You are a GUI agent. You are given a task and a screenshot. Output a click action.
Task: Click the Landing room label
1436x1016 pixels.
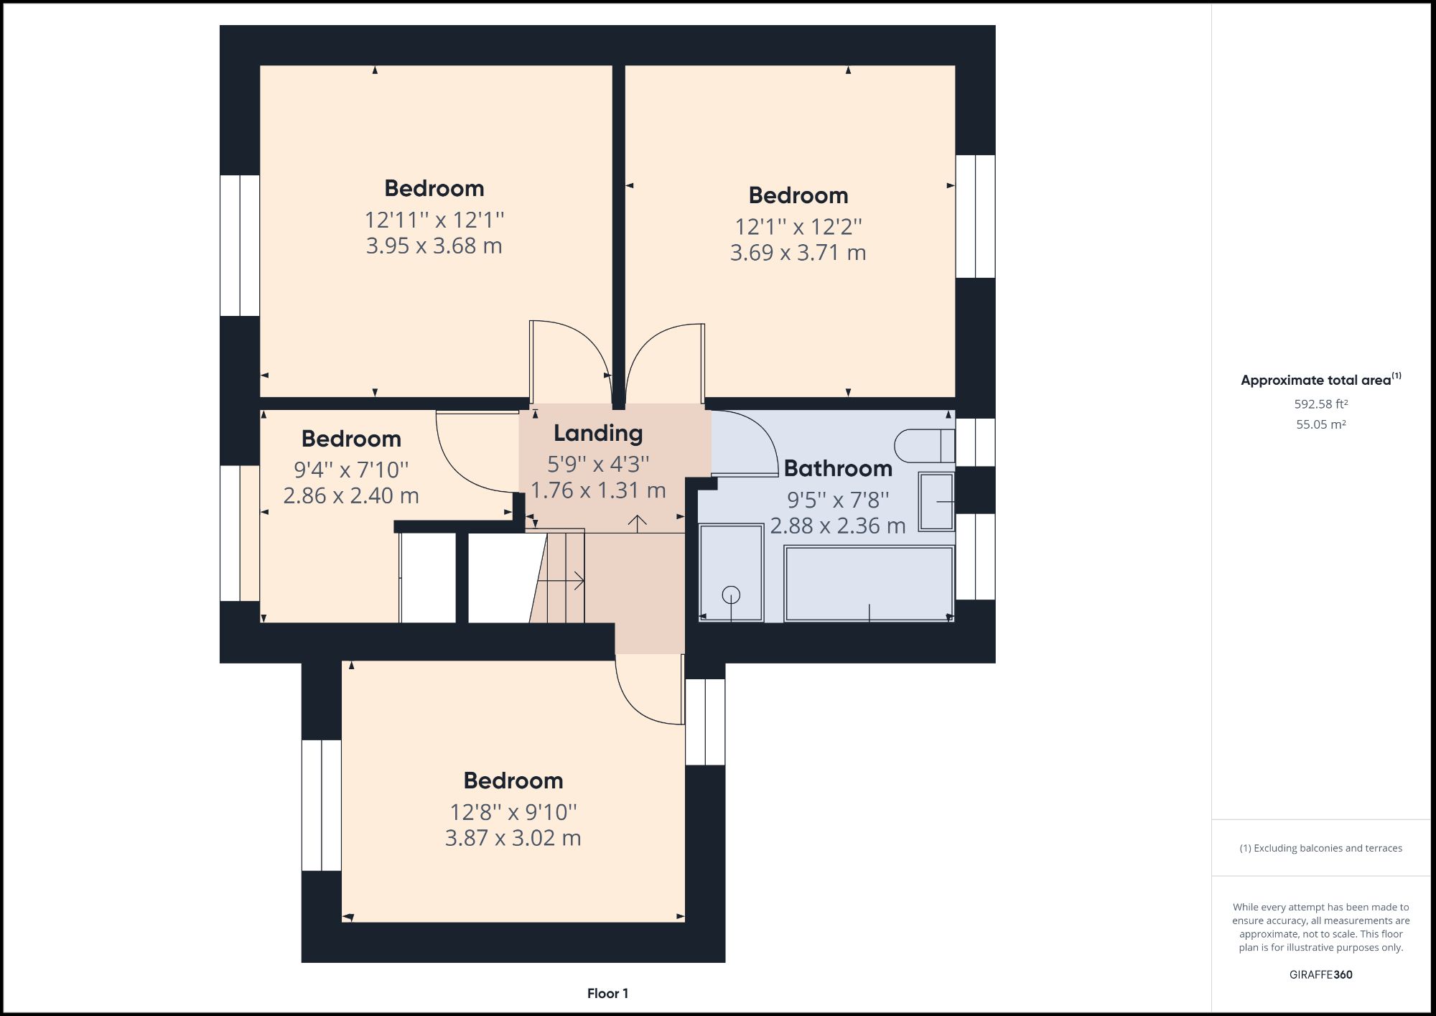597,433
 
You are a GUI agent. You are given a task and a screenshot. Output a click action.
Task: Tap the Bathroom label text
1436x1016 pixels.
838,468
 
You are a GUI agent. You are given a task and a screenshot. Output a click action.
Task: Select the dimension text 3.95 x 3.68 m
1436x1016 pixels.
434,246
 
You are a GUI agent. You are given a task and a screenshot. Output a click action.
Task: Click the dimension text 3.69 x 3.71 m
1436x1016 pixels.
798,253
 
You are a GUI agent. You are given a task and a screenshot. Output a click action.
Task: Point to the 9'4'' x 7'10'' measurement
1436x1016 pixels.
351,470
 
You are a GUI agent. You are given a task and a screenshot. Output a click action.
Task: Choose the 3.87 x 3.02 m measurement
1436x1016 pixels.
513,838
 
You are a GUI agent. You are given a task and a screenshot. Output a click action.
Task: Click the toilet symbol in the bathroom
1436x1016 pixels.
925,445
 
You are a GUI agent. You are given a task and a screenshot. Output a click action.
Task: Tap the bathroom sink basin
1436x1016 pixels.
936,501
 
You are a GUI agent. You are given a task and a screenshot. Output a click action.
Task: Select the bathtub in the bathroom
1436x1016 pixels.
869,583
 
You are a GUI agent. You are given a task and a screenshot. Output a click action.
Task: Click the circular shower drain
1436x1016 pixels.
731,595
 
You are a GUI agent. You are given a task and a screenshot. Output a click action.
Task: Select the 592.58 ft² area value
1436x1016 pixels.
1320,404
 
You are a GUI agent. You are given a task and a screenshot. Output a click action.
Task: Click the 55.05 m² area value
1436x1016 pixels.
1320,424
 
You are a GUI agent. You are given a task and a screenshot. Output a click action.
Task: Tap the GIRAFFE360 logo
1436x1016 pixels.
1320,974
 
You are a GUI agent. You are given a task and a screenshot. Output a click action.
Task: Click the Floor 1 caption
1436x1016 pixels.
607,994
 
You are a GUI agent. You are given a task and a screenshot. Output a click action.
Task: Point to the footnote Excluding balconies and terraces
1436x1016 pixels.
1320,848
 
